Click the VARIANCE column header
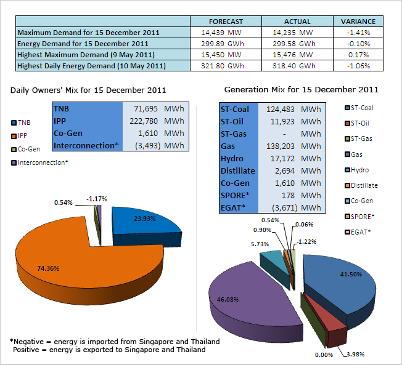358,21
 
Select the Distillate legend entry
364,185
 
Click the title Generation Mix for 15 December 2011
301,90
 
